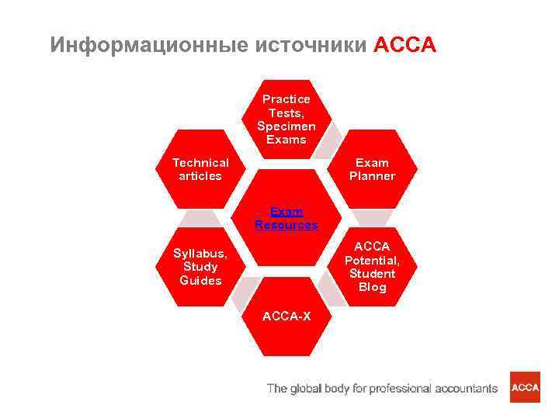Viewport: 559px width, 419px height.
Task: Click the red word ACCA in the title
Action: [x=404, y=45]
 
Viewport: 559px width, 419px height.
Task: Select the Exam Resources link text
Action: [x=286, y=218]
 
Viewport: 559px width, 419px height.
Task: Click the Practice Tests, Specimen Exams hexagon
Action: [x=286, y=119]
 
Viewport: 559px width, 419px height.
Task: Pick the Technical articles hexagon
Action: [x=201, y=169]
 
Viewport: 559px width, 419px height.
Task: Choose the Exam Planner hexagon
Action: [x=372, y=169]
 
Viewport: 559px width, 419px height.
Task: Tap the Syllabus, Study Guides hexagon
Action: [x=201, y=267]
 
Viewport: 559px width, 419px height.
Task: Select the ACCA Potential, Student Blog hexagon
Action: [x=372, y=267]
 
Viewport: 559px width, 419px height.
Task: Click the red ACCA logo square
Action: [x=525, y=387]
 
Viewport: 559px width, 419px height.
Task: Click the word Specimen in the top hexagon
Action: [x=286, y=126]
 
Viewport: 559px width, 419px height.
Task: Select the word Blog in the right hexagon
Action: [x=372, y=288]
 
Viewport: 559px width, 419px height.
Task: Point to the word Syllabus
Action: [x=200, y=254]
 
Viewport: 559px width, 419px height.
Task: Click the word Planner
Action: [x=372, y=176]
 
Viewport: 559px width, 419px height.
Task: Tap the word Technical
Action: [x=201, y=163]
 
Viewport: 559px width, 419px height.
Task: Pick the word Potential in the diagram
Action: [x=372, y=261]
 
